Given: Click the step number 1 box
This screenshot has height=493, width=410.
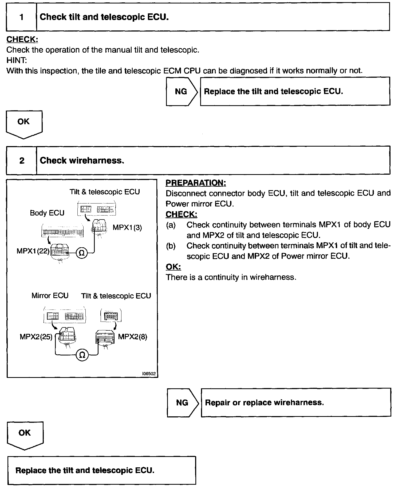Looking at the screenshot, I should coord(21,17).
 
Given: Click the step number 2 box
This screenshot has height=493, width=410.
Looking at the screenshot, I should coord(22,161).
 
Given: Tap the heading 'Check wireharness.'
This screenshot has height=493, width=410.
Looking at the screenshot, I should coord(82,161).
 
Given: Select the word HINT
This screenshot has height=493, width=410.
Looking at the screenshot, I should coord(17,60).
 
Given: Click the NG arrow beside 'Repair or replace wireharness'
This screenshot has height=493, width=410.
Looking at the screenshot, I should coord(183,402).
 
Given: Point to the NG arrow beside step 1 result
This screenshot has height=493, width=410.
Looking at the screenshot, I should coord(182,92).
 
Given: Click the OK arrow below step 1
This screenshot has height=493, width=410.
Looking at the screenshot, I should coord(24,124).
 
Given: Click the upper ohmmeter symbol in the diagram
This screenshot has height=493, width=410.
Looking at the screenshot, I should coord(82,253).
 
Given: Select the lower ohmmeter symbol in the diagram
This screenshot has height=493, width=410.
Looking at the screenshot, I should coord(82,355).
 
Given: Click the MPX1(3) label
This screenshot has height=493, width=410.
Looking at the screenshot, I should coord(127,228).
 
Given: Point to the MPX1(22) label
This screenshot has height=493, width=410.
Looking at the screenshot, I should coord(33,251).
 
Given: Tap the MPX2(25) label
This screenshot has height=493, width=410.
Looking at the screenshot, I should coord(36,337).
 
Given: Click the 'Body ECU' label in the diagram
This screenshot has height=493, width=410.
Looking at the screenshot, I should coord(47,213).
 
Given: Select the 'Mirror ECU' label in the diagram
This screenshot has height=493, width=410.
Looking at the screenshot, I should coord(50,296).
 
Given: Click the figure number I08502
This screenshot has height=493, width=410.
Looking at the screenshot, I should coord(149,374).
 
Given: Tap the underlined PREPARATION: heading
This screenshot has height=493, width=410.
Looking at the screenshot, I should coord(196,183).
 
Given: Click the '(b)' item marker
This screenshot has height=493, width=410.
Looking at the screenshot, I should coord(171,246).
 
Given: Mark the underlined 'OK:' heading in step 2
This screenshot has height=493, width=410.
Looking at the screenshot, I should coord(173,267).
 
